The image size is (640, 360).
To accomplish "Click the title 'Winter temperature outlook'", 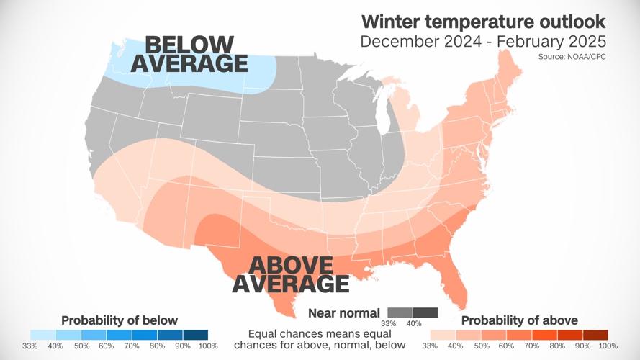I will (482, 20).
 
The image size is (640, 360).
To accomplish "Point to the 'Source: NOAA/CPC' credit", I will (572, 56).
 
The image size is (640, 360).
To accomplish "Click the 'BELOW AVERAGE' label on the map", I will (189, 54).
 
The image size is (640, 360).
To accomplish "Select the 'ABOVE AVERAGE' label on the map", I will (290, 274).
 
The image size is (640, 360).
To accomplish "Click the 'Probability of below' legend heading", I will (119, 320).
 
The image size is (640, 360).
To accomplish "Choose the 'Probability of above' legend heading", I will (519, 320).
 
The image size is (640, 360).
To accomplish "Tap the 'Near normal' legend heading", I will (344, 312).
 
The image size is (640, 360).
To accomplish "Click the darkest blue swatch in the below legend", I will (195, 335).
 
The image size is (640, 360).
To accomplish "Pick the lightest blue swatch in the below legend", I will (42, 335).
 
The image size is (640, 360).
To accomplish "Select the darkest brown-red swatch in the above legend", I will (595, 335).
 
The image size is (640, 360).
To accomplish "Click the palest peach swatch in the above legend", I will (443, 335).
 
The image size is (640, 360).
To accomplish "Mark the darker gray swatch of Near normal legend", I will (425, 312).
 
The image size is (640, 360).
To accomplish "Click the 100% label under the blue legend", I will (207, 346).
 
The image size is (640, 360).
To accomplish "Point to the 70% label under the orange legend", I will (531, 346).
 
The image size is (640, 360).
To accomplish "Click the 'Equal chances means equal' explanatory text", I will (320, 334).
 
